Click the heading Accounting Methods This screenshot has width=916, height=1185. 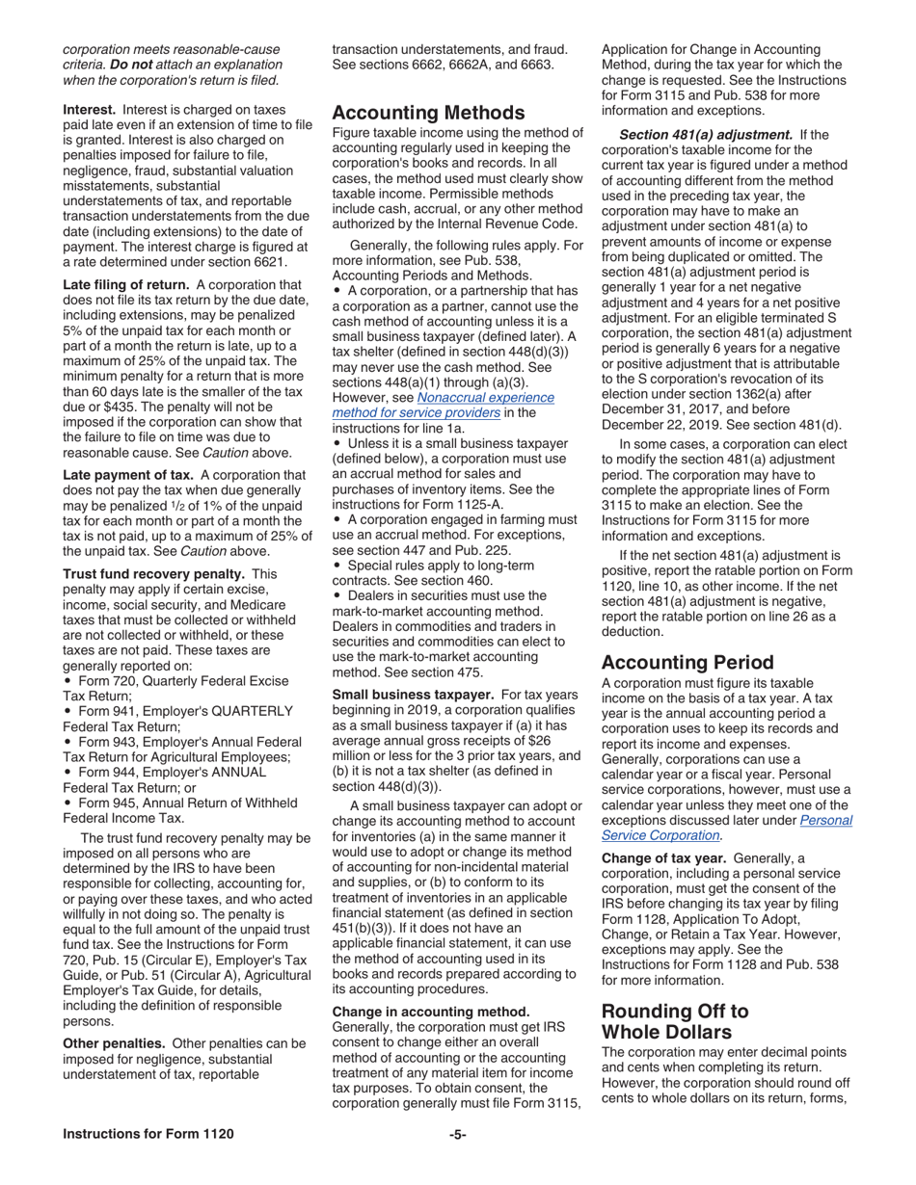(428, 113)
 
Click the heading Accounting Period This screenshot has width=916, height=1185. (687, 663)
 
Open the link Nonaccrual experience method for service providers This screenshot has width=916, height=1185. (444, 405)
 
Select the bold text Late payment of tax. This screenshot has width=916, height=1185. (129, 475)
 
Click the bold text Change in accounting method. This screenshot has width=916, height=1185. (430, 1012)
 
